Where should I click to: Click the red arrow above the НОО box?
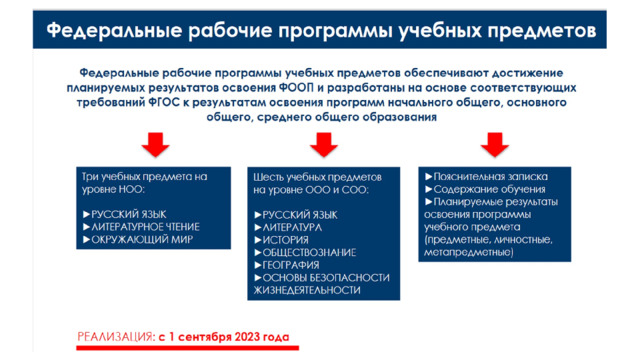point(156,144)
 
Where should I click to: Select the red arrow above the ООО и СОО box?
point(324,144)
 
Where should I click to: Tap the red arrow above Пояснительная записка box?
point(495,144)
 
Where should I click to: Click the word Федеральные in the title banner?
point(114,31)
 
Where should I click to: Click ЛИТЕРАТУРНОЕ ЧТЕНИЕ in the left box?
point(145,227)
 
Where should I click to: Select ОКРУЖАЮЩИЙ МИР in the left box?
point(142,240)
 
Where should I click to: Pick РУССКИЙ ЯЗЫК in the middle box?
point(300,215)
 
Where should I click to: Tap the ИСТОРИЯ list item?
point(285,240)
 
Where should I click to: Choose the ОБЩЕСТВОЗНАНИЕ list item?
point(309,253)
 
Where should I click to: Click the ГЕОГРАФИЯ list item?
point(291,265)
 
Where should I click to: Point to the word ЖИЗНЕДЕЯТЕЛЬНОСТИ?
point(307,290)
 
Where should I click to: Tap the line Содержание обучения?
point(489,189)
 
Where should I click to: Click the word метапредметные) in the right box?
point(469,252)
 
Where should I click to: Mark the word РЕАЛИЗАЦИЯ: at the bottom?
point(116,337)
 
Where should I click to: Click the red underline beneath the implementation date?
point(187,348)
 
